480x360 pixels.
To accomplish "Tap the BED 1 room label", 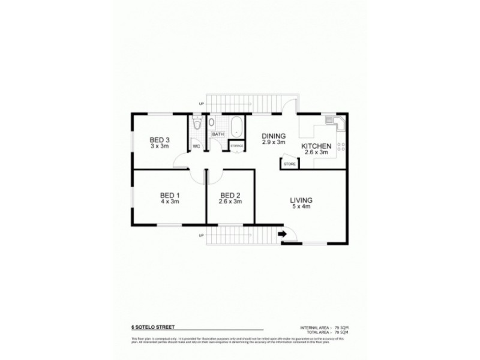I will (x=170, y=195).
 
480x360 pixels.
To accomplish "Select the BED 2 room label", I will (x=230, y=195).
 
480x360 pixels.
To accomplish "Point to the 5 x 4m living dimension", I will (x=301, y=207).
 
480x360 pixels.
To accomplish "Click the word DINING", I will (x=273, y=136).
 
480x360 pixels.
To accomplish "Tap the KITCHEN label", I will (x=316, y=146).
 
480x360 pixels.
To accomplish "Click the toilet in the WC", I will (x=197, y=124).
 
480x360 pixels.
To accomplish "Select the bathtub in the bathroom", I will (x=236, y=127).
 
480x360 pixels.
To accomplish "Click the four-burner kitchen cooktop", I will (x=341, y=147).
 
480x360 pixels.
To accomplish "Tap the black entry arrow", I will (x=282, y=235).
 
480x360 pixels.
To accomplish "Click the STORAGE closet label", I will (x=236, y=146).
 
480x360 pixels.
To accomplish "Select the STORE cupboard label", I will (x=289, y=163).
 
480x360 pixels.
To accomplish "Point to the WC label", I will (x=196, y=146).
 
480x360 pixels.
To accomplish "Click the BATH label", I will (x=217, y=134).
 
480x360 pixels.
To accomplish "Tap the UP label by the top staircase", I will (x=201, y=104).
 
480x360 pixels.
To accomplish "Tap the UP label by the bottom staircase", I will (x=201, y=235).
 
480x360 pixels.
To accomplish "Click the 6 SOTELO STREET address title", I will (x=153, y=328).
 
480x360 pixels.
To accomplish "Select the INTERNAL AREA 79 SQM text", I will (x=324, y=328).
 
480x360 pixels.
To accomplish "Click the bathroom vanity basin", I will (x=212, y=122).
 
